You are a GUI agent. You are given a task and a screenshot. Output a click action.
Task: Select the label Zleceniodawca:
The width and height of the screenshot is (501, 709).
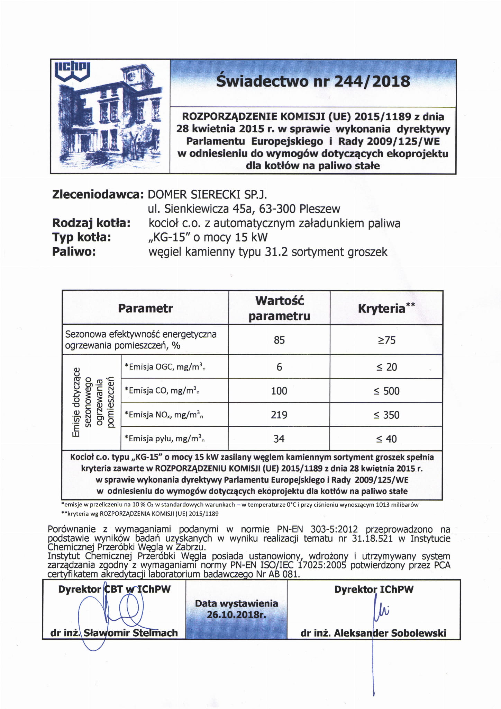[98, 194]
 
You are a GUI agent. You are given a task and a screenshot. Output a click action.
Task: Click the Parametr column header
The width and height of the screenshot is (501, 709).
[145, 308]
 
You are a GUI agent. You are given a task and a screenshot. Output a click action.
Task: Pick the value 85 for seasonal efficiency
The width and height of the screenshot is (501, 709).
[279, 340]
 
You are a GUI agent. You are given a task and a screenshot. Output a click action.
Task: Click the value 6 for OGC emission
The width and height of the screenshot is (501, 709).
[279, 367]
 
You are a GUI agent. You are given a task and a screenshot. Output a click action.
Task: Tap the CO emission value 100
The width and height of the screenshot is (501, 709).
[279, 391]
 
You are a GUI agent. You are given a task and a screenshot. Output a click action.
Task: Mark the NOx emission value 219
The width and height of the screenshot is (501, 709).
[279, 415]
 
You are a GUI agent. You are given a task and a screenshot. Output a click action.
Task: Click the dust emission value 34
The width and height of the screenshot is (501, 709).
[279, 439]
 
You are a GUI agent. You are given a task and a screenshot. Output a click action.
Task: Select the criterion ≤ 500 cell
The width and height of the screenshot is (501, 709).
[386, 391]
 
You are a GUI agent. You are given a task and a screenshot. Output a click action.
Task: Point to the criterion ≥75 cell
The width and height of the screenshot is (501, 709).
[386, 340]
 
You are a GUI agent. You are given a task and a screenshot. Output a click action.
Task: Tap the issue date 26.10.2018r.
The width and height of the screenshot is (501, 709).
[236, 614]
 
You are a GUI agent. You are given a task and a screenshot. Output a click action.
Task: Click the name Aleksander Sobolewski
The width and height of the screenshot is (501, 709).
[390, 633]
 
